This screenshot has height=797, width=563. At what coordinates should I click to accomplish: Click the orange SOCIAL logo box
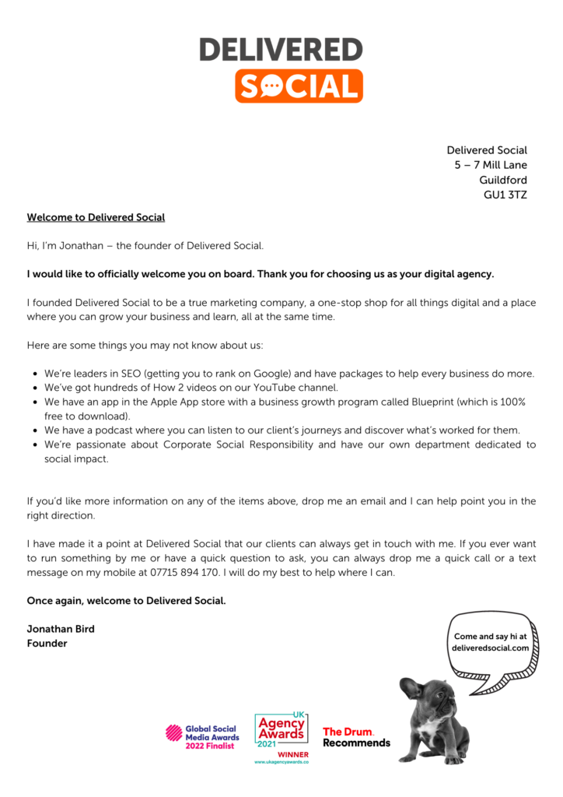click(299, 86)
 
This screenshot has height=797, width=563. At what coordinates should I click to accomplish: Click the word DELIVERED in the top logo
click(281, 49)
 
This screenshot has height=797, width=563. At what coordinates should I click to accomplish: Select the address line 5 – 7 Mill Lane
click(491, 165)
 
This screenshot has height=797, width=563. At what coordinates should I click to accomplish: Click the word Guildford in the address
click(502, 180)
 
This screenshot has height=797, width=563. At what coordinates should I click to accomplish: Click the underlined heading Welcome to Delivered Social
click(96, 217)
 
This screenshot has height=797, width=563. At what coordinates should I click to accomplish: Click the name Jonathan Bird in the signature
click(61, 628)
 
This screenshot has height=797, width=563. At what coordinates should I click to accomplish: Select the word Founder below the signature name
click(47, 643)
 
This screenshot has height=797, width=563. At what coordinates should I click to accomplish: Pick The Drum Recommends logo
click(356, 736)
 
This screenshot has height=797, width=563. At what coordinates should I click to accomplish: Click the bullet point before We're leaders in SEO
click(36, 374)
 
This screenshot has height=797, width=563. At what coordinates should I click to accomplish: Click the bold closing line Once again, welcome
click(126, 600)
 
